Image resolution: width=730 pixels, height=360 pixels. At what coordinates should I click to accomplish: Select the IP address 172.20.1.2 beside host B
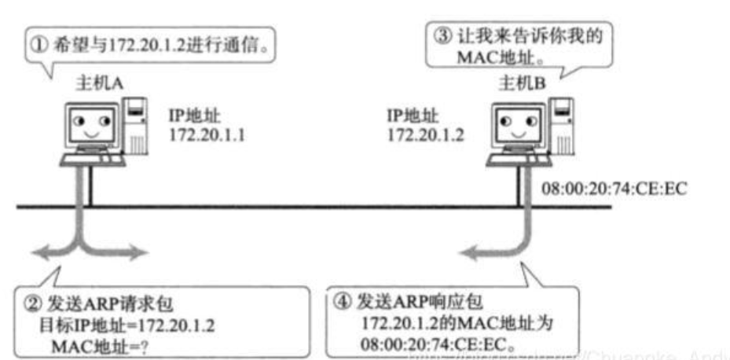[x=425, y=134]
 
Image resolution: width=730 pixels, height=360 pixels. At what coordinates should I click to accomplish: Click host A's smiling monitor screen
[x=91, y=126]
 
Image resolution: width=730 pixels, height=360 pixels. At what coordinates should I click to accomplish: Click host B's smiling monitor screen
[x=519, y=125]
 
